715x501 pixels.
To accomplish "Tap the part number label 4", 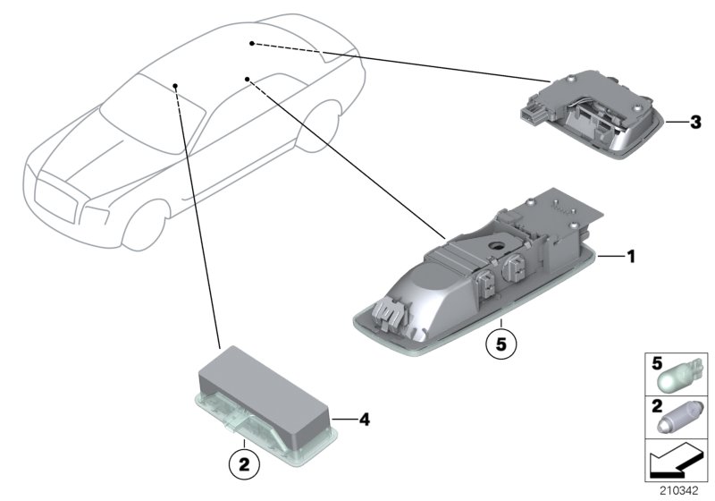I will click(x=364, y=418).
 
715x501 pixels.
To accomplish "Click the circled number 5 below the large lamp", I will click(x=501, y=343).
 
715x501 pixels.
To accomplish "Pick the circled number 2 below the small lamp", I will click(x=243, y=463).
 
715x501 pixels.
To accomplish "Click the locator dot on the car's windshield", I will click(x=177, y=86).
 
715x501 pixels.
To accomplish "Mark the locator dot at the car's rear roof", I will click(x=252, y=43).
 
